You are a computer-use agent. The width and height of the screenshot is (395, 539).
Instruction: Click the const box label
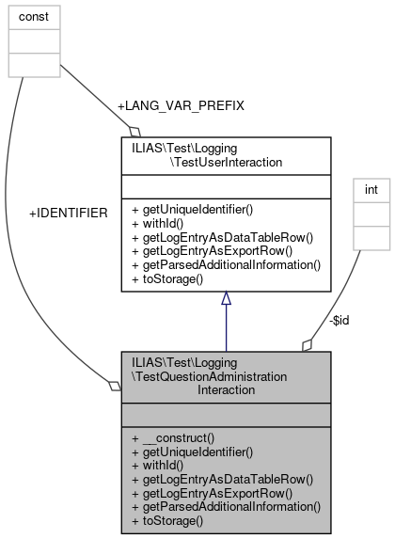[34, 17]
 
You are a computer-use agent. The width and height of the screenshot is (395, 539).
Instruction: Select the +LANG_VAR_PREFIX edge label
[181, 105]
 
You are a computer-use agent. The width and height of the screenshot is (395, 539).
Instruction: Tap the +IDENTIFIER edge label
[69, 214]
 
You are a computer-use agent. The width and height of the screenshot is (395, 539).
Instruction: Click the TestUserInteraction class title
[225, 155]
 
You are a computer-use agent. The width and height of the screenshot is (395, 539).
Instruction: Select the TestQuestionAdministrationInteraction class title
[225, 376]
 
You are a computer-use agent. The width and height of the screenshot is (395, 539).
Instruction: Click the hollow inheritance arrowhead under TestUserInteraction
[226, 299]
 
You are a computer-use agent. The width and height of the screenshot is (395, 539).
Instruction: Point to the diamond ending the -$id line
[307, 345]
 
